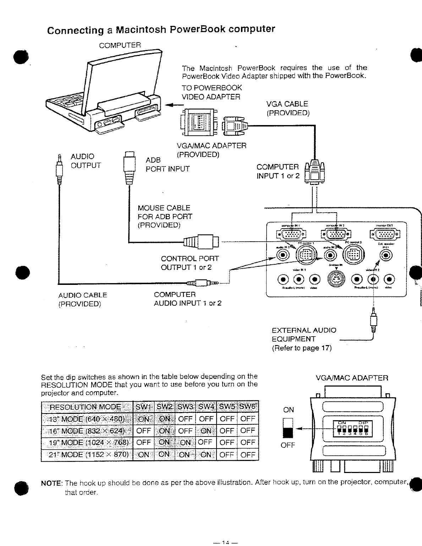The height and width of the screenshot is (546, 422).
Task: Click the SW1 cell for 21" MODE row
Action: pyautogui.click(x=143, y=454)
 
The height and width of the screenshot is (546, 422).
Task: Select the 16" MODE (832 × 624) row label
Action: pyautogui.click(x=87, y=430)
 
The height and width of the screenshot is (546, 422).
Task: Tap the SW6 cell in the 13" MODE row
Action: pyautogui.click(x=248, y=419)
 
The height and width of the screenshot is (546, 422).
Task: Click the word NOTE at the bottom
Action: pyautogui.click(x=52, y=483)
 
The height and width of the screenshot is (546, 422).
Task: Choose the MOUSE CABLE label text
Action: pyautogui.click(x=164, y=208)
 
